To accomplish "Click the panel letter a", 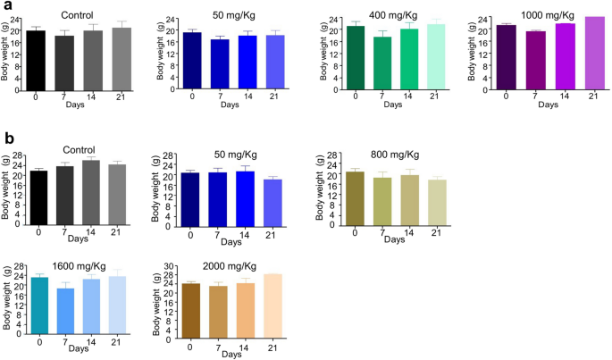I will pyautogui.click(x=7, y=7).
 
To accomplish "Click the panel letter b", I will pyautogui.click(x=8, y=140).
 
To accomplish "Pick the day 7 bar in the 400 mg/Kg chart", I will pyautogui.click(x=383, y=62).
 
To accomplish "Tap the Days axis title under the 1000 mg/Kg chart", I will pyautogui.click(x=546, y=105).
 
